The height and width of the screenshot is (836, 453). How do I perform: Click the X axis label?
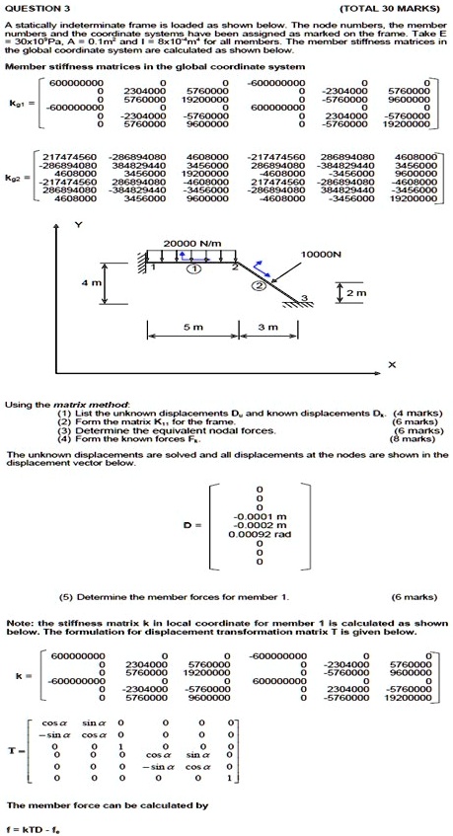point(393,365)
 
